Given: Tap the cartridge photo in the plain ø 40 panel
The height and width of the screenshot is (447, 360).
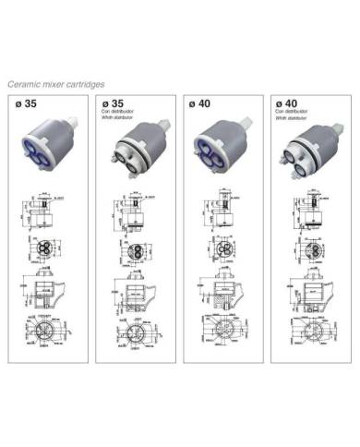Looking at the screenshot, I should [x=222, y=146].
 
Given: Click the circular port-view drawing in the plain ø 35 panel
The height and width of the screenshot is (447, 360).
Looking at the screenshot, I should [x=47, y=247].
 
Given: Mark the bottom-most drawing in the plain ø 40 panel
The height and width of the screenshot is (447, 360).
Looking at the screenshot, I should [x=220, y=333].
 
